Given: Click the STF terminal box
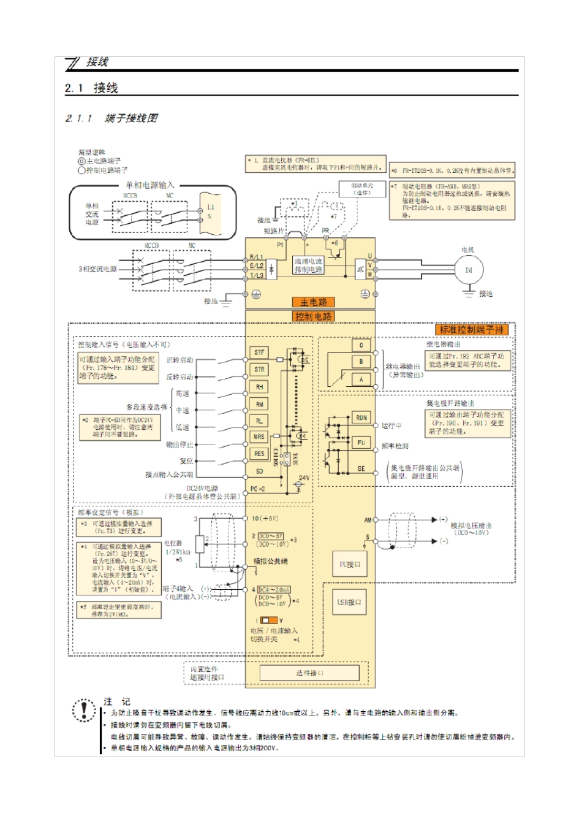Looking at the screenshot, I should point(259,353).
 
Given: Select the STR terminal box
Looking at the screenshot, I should point(259,370).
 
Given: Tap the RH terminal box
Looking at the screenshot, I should point(259,387).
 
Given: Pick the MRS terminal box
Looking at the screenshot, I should point(259,437).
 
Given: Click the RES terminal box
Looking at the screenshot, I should point(259,454).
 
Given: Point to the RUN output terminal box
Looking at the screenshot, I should point(361,418).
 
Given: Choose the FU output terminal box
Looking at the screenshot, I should point(361,443).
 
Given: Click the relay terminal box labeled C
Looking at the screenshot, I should point(361,345).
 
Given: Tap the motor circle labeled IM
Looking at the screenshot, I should point(469,270).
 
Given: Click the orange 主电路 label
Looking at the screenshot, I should point(313,302).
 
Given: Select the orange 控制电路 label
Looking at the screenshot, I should point(313,316).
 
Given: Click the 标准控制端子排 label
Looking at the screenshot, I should point(472,330).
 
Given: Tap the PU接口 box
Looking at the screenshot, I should point(350,564).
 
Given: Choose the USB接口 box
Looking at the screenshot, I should point(350,603).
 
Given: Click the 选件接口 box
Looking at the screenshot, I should point(309,673).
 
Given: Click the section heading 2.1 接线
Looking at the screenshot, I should point(91,88).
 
